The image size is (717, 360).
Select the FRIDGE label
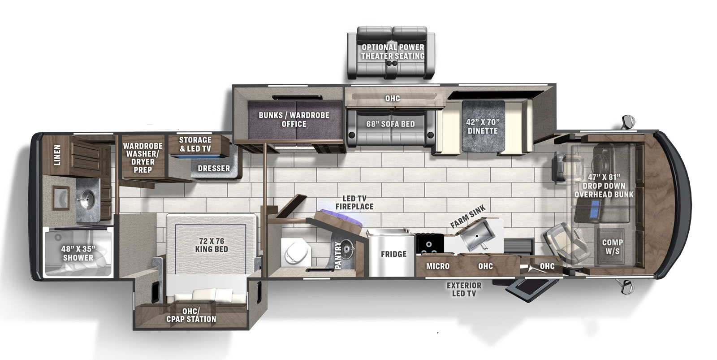tap(393, 254)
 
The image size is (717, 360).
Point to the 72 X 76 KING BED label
tap(212, 245)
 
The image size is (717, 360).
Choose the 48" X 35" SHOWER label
tap(78, 253)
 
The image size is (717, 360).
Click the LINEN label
tap(57, 155)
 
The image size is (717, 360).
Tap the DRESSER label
tap(214, 169)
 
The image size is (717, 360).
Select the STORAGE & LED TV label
tap(195, 144)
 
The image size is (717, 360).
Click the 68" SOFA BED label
tap(390, 124)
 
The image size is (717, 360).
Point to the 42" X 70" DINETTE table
tap(483, 126)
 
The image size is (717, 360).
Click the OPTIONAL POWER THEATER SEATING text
tap(393, 52)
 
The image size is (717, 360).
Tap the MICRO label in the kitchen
tap(437, 266)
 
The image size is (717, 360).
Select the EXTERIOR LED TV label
tap(464, 289)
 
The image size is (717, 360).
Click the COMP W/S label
tap(612, 247)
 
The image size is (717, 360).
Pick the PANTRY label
tap(338, 255)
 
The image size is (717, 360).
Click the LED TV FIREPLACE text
tap(354, 203)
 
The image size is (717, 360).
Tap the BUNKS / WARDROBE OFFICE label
tap(294, 119)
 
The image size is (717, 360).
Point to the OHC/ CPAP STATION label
tap(191, 315)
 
